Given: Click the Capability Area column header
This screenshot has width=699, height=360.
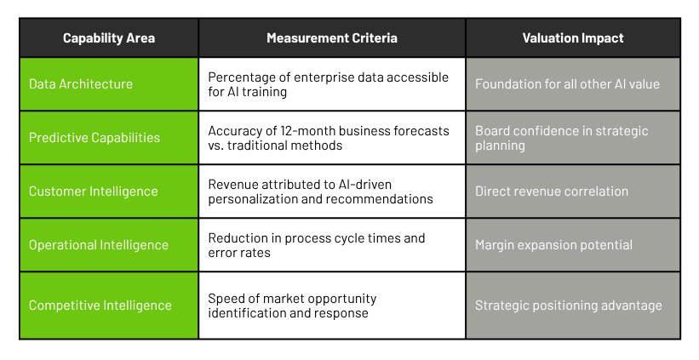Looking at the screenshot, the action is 109,38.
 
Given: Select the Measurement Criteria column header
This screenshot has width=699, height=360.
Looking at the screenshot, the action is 332,38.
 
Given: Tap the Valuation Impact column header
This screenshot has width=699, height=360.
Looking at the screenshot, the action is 573,38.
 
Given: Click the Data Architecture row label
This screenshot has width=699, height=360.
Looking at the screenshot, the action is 81,84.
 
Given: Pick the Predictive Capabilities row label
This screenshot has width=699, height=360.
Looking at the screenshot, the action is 95,138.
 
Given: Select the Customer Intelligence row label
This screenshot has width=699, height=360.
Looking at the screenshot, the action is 93,191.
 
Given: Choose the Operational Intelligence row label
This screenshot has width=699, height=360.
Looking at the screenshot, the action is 99,245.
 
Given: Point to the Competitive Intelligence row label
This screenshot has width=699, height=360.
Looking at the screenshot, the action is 100,306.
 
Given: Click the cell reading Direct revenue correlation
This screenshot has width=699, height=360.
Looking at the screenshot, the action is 552,191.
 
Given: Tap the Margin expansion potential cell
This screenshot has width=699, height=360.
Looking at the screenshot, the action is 553,245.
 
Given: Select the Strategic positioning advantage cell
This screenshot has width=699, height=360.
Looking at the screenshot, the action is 569,306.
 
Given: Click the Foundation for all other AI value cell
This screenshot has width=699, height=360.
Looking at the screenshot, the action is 567,84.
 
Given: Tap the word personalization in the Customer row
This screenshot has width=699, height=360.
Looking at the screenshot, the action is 253,199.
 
